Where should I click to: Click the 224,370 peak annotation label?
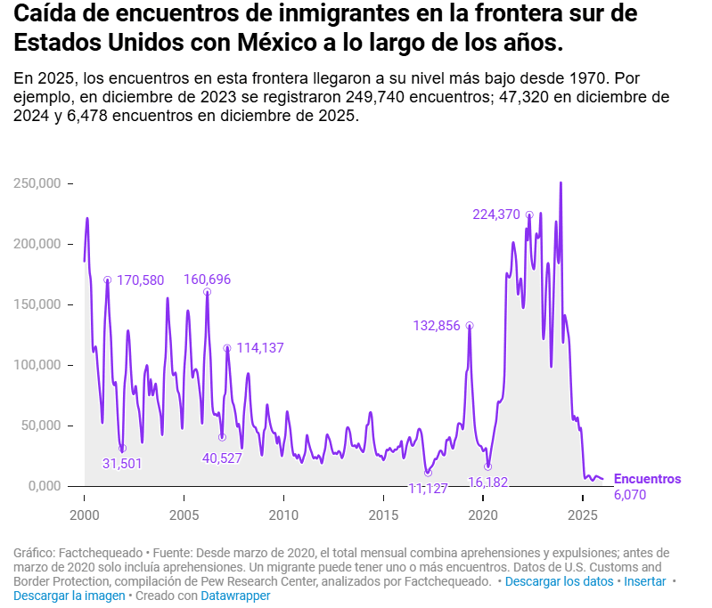pyautogui.click(x=495, y=214)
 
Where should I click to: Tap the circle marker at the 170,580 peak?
pyautogui.click(x=107, y=280)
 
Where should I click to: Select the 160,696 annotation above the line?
pyautogui.click(x=207, y=280)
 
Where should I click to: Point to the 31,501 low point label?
pyautogui.click(x=122, y=463)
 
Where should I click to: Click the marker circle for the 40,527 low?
pyautogui.click(x=222, y=437)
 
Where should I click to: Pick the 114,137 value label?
pyautogui.click(x=260, y=348)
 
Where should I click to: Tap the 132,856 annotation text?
pyautogui.click(x=437, y=326)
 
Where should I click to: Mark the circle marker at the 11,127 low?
pyautogui.click(x=428, y=473)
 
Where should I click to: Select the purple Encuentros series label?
pyautogui.click(x=647, y=479)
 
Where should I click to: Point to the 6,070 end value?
pyautogui.click(x=630, y=494)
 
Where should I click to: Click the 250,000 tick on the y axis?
pyautogui.click(x=37, y=183)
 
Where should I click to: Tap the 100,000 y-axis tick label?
pyautogui.click(x=37, y=365)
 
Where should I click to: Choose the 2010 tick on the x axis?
pyautogui.click(x=283, y=515)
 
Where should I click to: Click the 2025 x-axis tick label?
pyautogui.click(x=583, y=515)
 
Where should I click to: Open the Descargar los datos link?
pyautogui.click(x=559, y=581)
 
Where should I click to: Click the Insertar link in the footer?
pyautogui.click(x=644, y=581)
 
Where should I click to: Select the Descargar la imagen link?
pyautogui.click(x=70, y=596)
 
